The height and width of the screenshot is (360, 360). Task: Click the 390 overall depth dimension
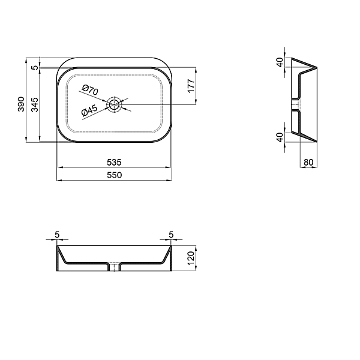coord(20,103)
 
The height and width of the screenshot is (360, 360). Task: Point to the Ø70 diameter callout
coord(89,91)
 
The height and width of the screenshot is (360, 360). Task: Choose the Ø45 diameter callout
coord(89,111)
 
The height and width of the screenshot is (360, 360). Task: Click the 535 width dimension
coord(114,162)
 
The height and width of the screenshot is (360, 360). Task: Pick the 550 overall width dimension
coord(114,175)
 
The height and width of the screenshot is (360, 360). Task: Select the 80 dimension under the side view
coord(308,162)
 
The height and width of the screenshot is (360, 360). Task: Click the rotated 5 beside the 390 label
coord(35,67)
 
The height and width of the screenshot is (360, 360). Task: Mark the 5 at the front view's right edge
coord(171,234)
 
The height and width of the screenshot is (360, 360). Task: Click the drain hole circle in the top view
coord(114,105)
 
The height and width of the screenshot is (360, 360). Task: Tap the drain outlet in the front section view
coord(114,266)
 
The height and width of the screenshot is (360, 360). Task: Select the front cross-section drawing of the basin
coord(114,258)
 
